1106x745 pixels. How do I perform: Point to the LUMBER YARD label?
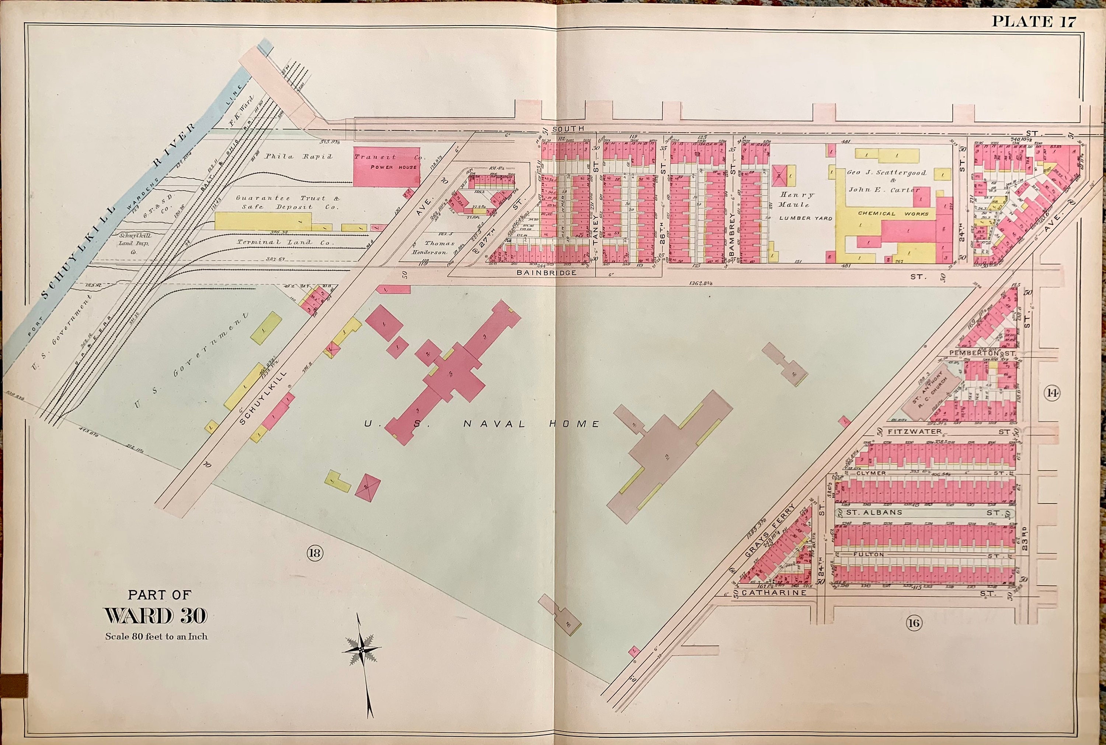click(806, 218)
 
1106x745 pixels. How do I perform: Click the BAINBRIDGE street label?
click(546, 273)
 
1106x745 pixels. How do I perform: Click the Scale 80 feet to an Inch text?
click(156, 637)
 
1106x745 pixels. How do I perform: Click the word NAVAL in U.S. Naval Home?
click(494, 424)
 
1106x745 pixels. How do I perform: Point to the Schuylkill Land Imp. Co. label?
click(135, 243)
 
